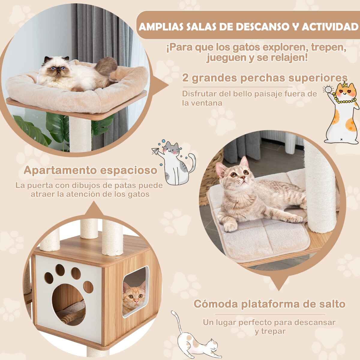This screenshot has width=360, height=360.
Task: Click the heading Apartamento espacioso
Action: tap(90, 170)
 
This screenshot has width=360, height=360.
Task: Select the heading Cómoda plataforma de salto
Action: tap(270, 304)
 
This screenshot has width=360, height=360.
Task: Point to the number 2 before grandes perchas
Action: tap(185, 78)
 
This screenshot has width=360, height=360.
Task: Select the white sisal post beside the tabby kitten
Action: tap(315, 187)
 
